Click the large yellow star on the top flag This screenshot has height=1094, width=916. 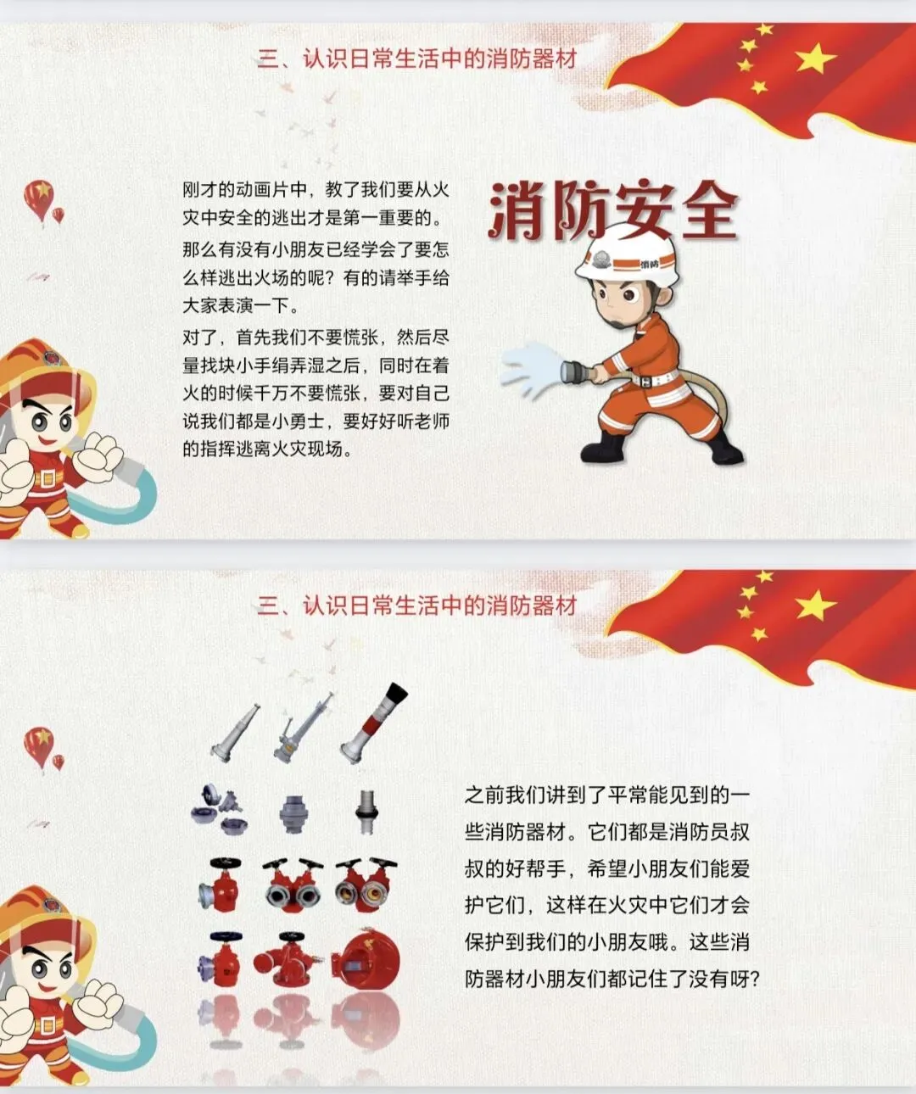(x=815, y=58)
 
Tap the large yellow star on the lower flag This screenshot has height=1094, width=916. (x=815, y=606)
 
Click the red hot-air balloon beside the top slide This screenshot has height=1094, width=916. (x=39, y=200)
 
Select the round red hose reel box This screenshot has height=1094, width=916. (x=366, y=957)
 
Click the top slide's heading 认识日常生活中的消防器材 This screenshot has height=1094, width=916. (x=439, y=59)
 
